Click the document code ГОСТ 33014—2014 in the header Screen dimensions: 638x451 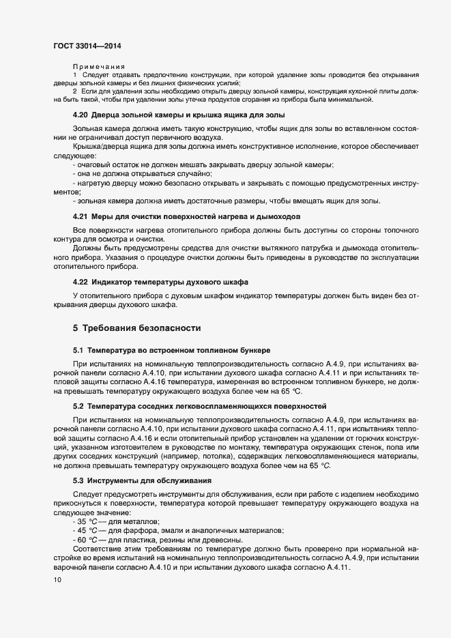click(87, 46)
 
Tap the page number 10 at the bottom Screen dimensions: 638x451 click(57, 580)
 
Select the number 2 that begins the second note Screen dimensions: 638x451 click(75, 91)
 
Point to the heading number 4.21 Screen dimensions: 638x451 click(81, 216)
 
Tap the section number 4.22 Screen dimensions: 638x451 click(81, 282)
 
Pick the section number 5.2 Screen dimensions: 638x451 click(78, 406)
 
